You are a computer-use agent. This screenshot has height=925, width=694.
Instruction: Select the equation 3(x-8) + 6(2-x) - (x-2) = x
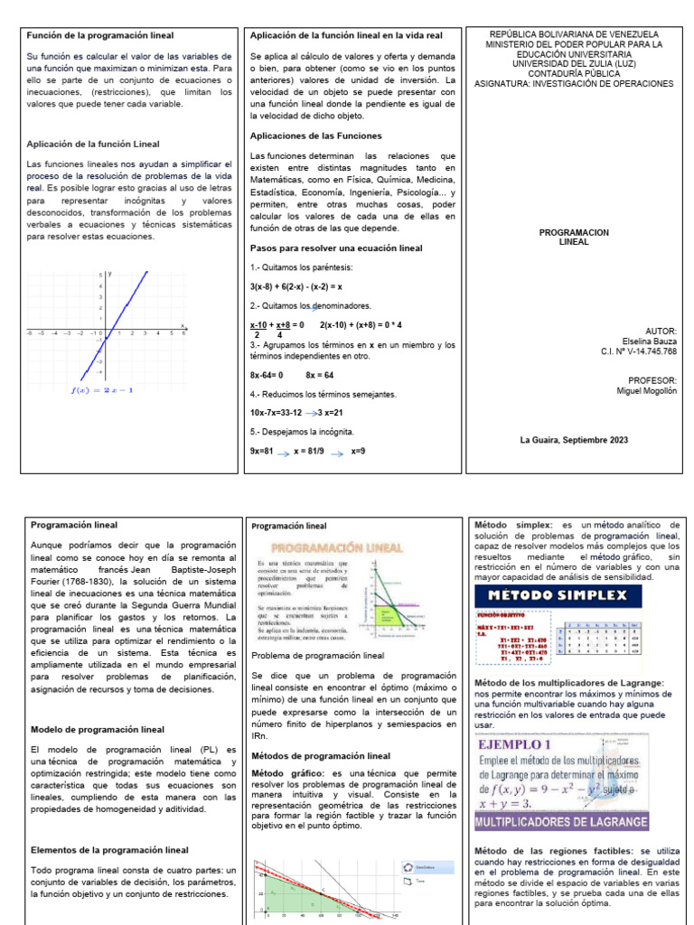(295, 286)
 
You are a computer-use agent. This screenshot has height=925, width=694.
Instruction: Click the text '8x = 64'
(319, 374)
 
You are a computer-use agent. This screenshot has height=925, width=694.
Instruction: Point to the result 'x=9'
(358, 451)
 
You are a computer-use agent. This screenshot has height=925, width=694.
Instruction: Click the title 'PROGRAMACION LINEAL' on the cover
(574, 238)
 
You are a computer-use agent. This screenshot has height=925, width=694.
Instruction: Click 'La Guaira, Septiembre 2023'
(574, 440)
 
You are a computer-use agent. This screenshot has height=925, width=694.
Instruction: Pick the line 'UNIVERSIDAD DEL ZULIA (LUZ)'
(574, 63)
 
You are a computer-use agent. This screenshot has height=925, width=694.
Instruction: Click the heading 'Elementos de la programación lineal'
(109, 850)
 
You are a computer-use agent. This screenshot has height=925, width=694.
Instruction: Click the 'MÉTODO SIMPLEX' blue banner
(557, 597)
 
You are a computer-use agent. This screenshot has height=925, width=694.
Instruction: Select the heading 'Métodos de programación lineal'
(321, 755)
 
